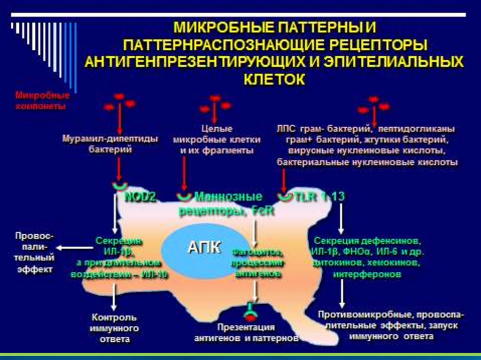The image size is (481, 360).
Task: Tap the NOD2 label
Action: pyautogui.click(x=140, y=198)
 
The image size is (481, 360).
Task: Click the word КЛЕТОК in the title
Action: pyautogui.click(x=274, y=78)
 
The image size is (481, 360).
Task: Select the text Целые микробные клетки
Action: pyautogui.click(x=214, y=139)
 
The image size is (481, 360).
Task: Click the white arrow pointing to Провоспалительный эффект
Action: pyautogui.click(x=75, y=247)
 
